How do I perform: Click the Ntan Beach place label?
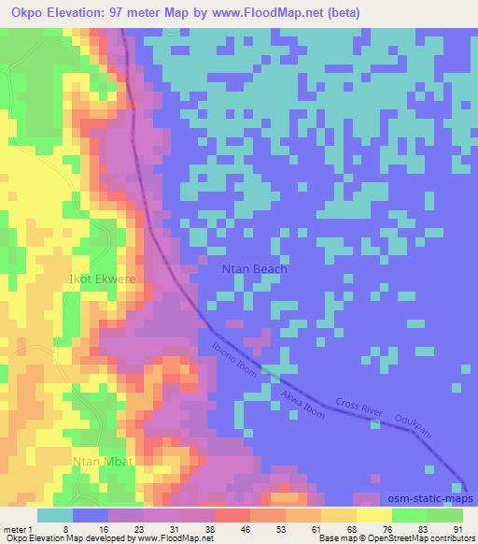coord(255,269)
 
